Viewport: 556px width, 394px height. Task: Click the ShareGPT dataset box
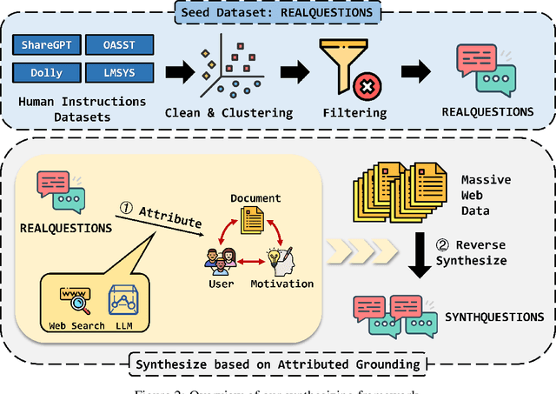(x=46, y=45)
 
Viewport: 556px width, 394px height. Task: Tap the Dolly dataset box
(x=46, y=72)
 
